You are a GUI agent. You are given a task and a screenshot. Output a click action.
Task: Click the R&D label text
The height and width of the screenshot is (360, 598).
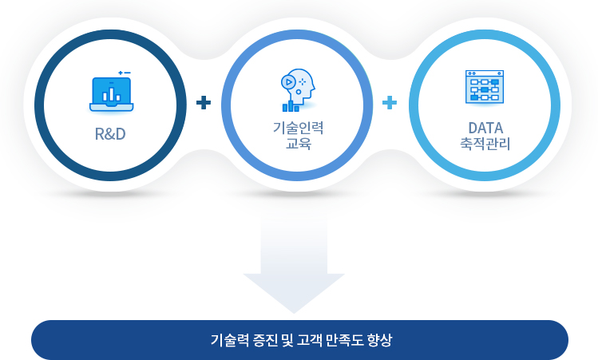click(110, 134)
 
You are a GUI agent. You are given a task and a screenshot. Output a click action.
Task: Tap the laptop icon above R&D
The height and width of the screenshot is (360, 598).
click(111, 94)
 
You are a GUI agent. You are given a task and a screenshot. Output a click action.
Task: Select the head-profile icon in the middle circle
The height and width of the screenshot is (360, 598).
click(299, 90)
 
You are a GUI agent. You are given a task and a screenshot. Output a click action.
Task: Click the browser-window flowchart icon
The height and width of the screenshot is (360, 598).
click(485, 86)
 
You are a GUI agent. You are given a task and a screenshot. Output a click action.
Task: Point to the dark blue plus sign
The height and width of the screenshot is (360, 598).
click(204, 103)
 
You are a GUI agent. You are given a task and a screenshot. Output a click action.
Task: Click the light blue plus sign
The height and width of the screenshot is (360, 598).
click(390, 103)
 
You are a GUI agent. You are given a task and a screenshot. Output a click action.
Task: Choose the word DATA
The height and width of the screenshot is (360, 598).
click(485, 128)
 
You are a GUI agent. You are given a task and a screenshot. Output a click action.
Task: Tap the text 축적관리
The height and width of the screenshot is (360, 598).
click(485, 144)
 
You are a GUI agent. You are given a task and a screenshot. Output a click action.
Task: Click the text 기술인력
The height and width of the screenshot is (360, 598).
click(299, 128)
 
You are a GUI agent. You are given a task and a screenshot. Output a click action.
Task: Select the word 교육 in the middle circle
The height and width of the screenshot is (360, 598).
click(299, 144)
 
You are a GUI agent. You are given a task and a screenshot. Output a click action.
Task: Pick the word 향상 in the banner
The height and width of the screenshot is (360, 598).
click(379, 340)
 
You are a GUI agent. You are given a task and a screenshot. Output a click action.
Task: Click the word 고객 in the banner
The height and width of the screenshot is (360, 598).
click(309, 340)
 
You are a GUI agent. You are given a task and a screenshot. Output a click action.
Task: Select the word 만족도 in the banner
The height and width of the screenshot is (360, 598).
click(345, 340)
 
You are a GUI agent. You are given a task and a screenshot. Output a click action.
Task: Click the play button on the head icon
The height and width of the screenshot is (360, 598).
click(288, 82)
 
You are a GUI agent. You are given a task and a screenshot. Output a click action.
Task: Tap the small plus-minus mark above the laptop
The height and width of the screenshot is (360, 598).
click(125, 73)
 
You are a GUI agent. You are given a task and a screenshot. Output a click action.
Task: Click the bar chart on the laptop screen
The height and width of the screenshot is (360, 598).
click(111, 94)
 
